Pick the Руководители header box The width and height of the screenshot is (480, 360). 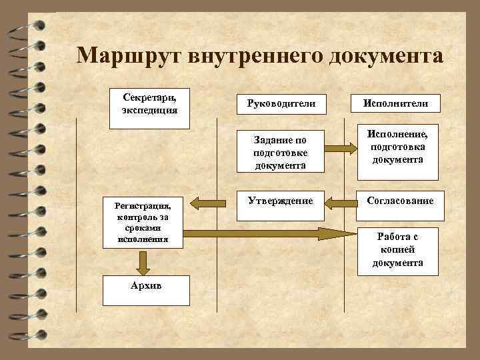(281, 105)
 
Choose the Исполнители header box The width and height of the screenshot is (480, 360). (396, 105)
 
